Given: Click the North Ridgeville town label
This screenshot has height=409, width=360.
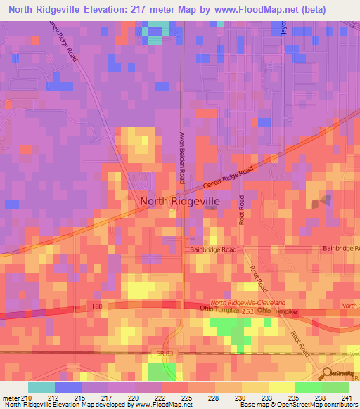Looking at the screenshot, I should click(x=180, y=201).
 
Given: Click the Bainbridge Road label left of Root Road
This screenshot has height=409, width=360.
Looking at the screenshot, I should click(x=214, y=249).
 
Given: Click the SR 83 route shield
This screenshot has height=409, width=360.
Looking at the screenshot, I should click(x=160, y=351).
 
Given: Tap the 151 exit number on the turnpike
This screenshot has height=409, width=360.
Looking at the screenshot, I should click(x=246, y=311).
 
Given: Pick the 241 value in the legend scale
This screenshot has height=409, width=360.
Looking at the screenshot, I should click(x=346, y=397).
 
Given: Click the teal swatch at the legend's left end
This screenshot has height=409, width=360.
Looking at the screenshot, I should click(x=41, y=387).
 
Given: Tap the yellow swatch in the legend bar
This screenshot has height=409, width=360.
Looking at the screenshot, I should click(x=281, y=387).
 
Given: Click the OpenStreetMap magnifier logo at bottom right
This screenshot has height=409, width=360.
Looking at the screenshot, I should click(x=327, y=373).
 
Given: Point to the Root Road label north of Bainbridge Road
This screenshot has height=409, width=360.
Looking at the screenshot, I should click(x=241, y=209).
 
